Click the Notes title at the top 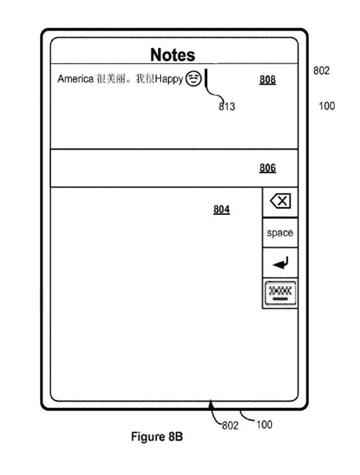tap(173, 55)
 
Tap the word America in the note tap(76, 79)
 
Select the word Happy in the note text tap(169, 80)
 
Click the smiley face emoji tap(193, 79)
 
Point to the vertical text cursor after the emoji tap(206, 78)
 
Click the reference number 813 tap(227, 107)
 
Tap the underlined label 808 tap(268, 80)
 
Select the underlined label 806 tap(268, 168)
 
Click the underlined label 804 tap(222, 210)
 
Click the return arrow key tap(280, 262)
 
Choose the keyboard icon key tap(280, 293)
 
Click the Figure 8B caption tap(157, 437)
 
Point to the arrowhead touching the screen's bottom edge tap(211, 403)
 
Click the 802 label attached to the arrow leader tap(230, 425)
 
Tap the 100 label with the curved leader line tap(264, 425)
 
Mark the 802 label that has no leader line tap(321, 71)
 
